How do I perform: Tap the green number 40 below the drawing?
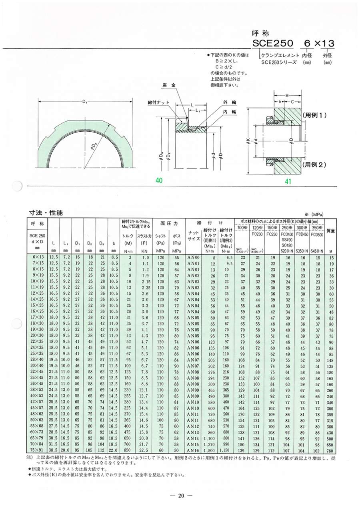pos(159,181)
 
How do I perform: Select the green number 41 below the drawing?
pos(288,181)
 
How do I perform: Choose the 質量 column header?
pos(331,231)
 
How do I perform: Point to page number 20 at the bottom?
pos(180,496)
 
